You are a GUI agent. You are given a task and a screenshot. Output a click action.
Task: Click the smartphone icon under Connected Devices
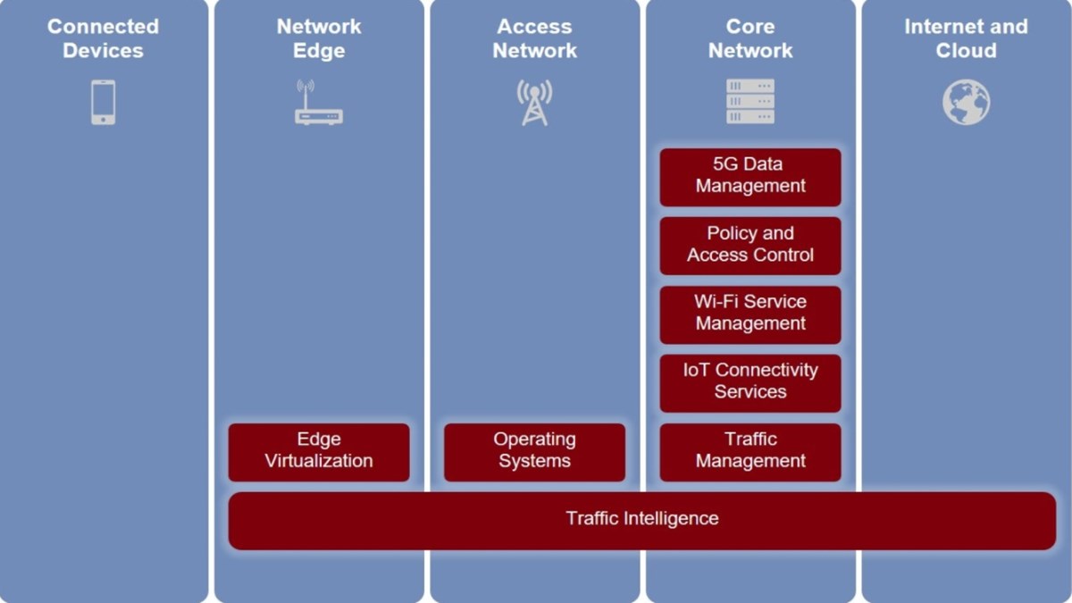click(x=103, y=102)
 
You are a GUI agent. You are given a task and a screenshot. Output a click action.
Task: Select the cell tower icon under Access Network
click(x=534, y=103)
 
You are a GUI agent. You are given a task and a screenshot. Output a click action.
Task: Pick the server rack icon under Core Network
click(x=750, y=102)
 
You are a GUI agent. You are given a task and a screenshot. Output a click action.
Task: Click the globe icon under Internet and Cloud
click(x=966, y=102)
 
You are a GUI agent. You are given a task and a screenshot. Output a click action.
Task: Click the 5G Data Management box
click(x=750, y=176)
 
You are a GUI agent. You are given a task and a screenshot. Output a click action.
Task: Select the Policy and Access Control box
click(x=750, y=245)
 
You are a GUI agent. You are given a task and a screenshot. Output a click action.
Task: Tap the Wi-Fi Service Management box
click(x=750, y=314)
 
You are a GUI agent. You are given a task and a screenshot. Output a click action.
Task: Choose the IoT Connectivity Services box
click(x=750, y=381)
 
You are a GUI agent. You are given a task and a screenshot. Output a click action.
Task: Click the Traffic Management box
click(x=750, y=451)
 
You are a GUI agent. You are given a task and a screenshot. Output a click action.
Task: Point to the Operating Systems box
click(x=534, y=451)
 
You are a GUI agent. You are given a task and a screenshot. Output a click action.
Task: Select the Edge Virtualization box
click(x=319, y=451)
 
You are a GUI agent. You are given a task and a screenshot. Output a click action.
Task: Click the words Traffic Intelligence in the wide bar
click(x=641, y=518)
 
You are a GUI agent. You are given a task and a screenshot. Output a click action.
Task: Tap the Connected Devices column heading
click(x=103, y=38)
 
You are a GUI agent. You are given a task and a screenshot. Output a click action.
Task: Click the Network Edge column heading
click(x=319, y=38)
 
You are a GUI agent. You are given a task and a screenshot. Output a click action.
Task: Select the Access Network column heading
click(x=534, y=38)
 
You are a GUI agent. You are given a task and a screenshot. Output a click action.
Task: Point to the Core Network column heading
click(x=750, y=38)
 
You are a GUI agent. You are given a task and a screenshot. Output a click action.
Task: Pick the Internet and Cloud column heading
click(x=966, y=38)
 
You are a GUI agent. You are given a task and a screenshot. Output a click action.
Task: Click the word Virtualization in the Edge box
click(x=319, y=462)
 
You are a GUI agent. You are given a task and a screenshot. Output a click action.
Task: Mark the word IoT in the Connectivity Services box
click(x=697, y=370)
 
